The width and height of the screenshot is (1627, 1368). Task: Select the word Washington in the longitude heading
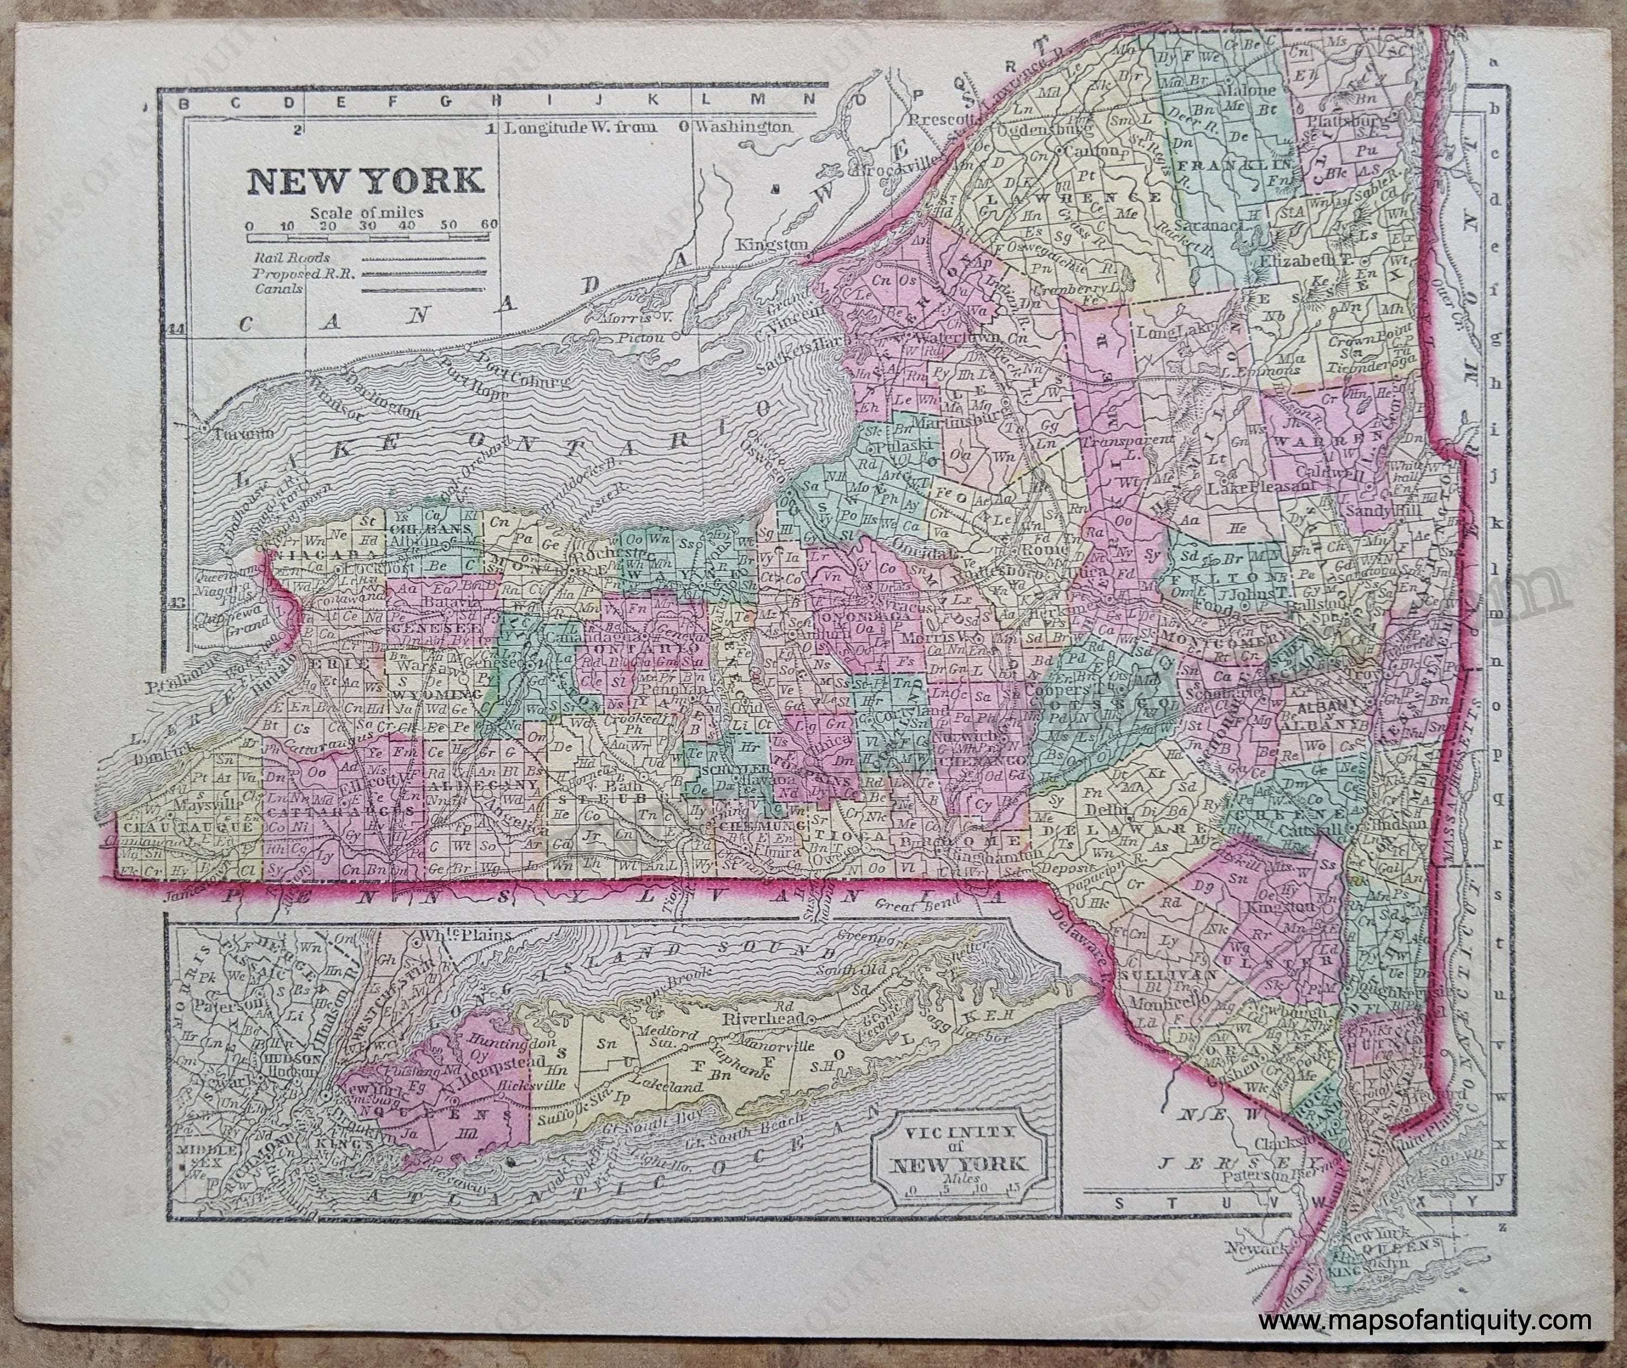[744, 126]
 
